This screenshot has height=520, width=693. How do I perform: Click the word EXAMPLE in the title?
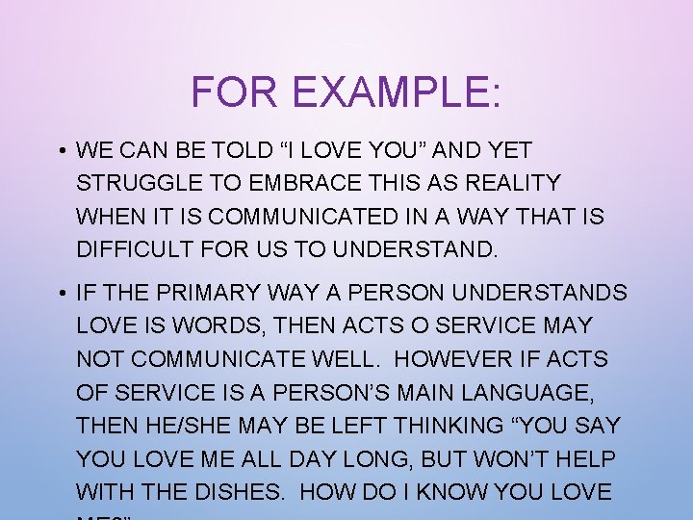point(398,91)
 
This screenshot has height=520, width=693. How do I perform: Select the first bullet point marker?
point(61,151)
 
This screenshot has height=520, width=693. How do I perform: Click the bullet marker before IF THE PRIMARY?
point(61,293)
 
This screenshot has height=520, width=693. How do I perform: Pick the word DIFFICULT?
point(136,250)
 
